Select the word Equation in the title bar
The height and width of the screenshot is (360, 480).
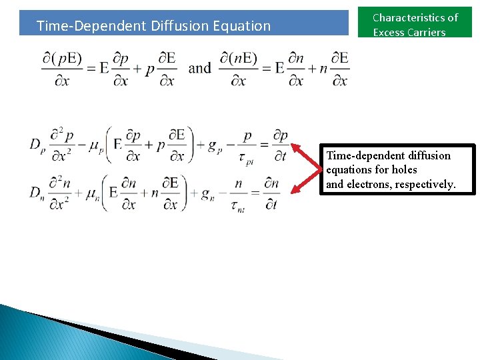click(241, 26)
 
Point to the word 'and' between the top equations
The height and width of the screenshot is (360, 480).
click(200, 68)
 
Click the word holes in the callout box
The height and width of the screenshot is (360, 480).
click(404, 170)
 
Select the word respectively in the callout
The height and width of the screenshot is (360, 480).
click(425, 184)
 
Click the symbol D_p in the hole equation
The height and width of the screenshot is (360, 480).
click(36, 145)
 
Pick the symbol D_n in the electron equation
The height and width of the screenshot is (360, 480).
click(36, 193)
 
